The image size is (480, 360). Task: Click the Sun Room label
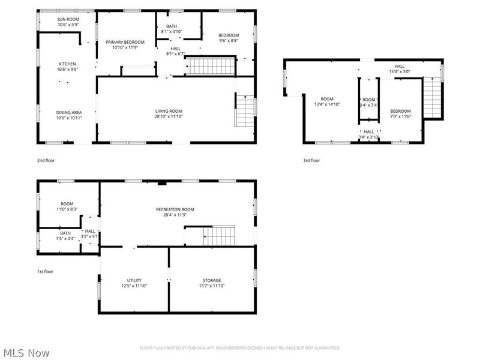tap(68, 19)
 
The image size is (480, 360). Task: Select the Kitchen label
tap(68, 64)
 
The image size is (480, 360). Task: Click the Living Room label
tap(169, 111)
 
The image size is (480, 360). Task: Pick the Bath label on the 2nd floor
tap(172, 26)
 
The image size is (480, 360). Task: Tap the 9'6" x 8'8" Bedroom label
tap(229, 35)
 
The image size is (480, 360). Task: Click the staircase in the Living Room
tap(245, 111)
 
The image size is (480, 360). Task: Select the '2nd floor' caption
tap(46, 160)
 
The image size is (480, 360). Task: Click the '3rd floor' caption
tap(312, 160)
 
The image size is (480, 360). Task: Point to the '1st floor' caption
tap(46, 271)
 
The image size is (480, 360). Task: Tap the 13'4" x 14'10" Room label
tap(326, 99)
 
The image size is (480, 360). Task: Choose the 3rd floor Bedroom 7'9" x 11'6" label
tap(400, 111)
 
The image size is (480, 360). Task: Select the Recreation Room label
tap(175, 209)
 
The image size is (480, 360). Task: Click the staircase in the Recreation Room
tap(218, 236)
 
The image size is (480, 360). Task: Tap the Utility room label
tap(134, 280)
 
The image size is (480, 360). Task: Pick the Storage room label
tap(211, 280)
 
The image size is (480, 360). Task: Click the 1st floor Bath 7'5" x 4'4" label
tap(65, 233)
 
